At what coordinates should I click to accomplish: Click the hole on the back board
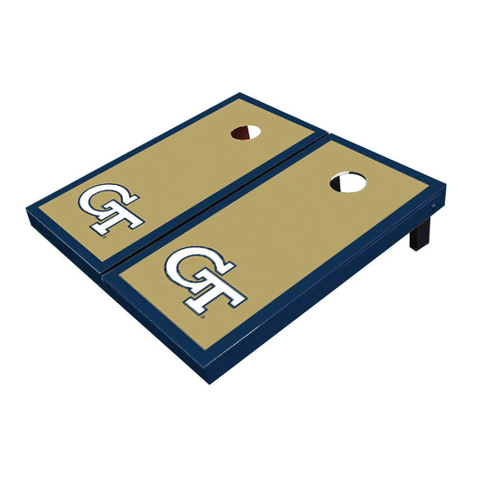pyautogui.click(x=245, y=133)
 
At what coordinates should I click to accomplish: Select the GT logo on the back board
pyautogui.click(x=110, y=208)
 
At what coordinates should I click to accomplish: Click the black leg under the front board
pyautogui.click(x=419, y=236)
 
